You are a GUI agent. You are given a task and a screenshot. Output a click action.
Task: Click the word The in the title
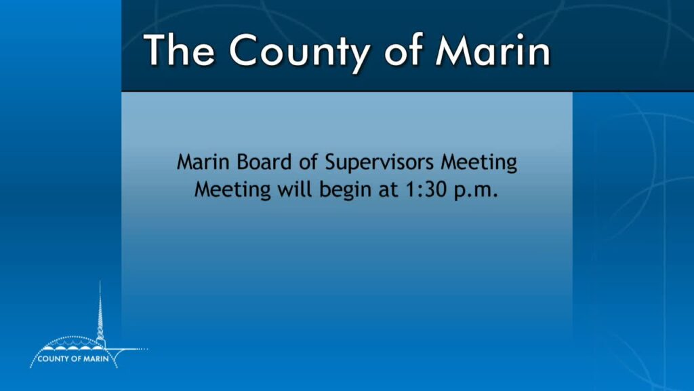pyautogui.click(x=179, y=50)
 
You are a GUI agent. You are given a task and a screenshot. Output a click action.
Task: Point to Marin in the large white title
pyautogui.click(x=493, y=50)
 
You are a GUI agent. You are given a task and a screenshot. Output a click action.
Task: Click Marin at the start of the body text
pyautogui.click(x=203, y=162)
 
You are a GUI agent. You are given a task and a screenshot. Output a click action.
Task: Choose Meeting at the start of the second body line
pyautogui.click(x=232, y=191)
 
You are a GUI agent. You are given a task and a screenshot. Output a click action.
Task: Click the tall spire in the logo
pyautogui.click(x=100, y=310)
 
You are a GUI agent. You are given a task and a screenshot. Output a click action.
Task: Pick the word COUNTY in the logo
pyautogui.click(x=53, y=358)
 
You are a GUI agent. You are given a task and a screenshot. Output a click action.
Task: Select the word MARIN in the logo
pyautogui.click(x=96, y=358)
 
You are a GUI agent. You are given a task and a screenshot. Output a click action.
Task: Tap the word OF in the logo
pyautogui.click(x=75, y=358)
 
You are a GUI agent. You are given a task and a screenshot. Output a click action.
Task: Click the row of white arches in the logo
pyautogui.click(x=73, y=348)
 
